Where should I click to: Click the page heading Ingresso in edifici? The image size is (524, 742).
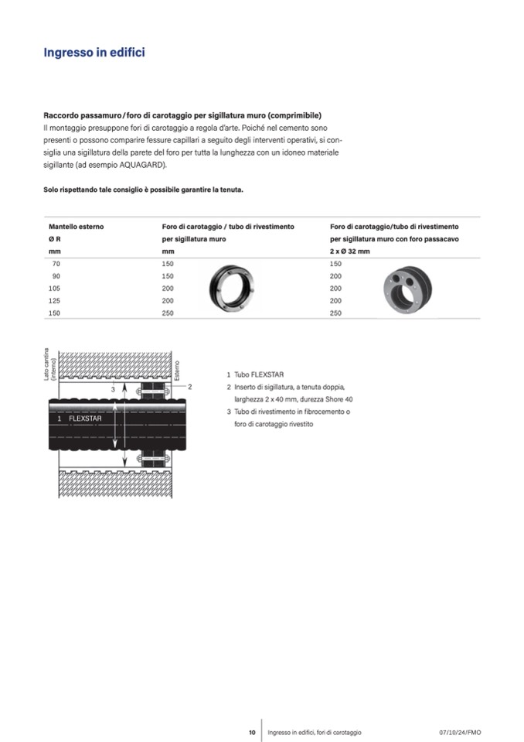[x=94, y=53]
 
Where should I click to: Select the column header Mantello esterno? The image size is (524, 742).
[x=76, y=227]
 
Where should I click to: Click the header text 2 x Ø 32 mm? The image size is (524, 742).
[x=349, y=251]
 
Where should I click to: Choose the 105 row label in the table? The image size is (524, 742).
[x=55, y=288]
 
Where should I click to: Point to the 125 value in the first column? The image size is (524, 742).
[x=55, y=300]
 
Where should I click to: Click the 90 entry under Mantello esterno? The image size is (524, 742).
[x=56, y=276]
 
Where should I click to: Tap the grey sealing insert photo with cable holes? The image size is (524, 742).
[x=409, y=289]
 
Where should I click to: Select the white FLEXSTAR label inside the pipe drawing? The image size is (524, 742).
[x=85, y=418]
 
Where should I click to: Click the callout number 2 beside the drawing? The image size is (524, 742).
[x=189, y=385]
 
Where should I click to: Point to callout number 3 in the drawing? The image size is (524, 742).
[x=113, y=389]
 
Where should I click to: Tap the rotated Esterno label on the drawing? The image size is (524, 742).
[x=177, y=371]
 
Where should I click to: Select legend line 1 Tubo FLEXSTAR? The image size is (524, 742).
[x=257, y=374]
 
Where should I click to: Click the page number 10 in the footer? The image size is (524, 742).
[x=252, y=732]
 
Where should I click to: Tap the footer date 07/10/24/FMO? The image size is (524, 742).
[x=459, y=732]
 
